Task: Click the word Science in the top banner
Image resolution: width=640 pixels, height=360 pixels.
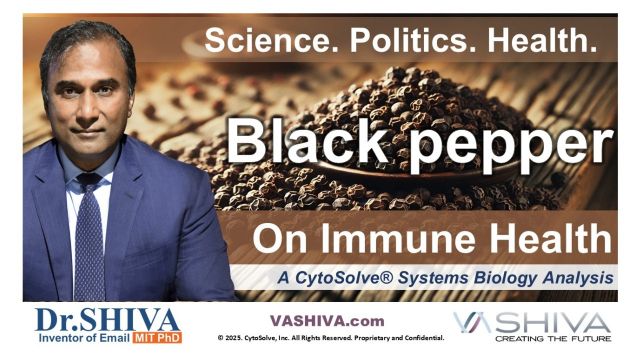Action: point(263,40)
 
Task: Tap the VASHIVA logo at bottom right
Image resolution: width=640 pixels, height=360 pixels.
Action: point(531,322)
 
